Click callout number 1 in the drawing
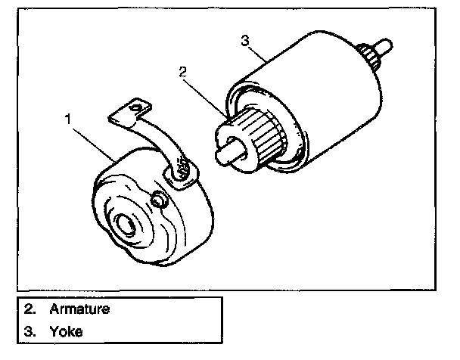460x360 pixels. [68, 119]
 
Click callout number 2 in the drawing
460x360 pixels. [182, 72]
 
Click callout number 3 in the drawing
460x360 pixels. [245, 40]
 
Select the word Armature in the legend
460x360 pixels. [79, 309]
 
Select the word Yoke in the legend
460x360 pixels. [66, 331]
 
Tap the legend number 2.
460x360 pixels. [30, 309]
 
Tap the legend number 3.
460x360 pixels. [30, 331]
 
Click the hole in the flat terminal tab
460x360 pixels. [136, 108]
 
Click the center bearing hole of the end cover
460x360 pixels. [126, 224]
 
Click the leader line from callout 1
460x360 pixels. [94, 144]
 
